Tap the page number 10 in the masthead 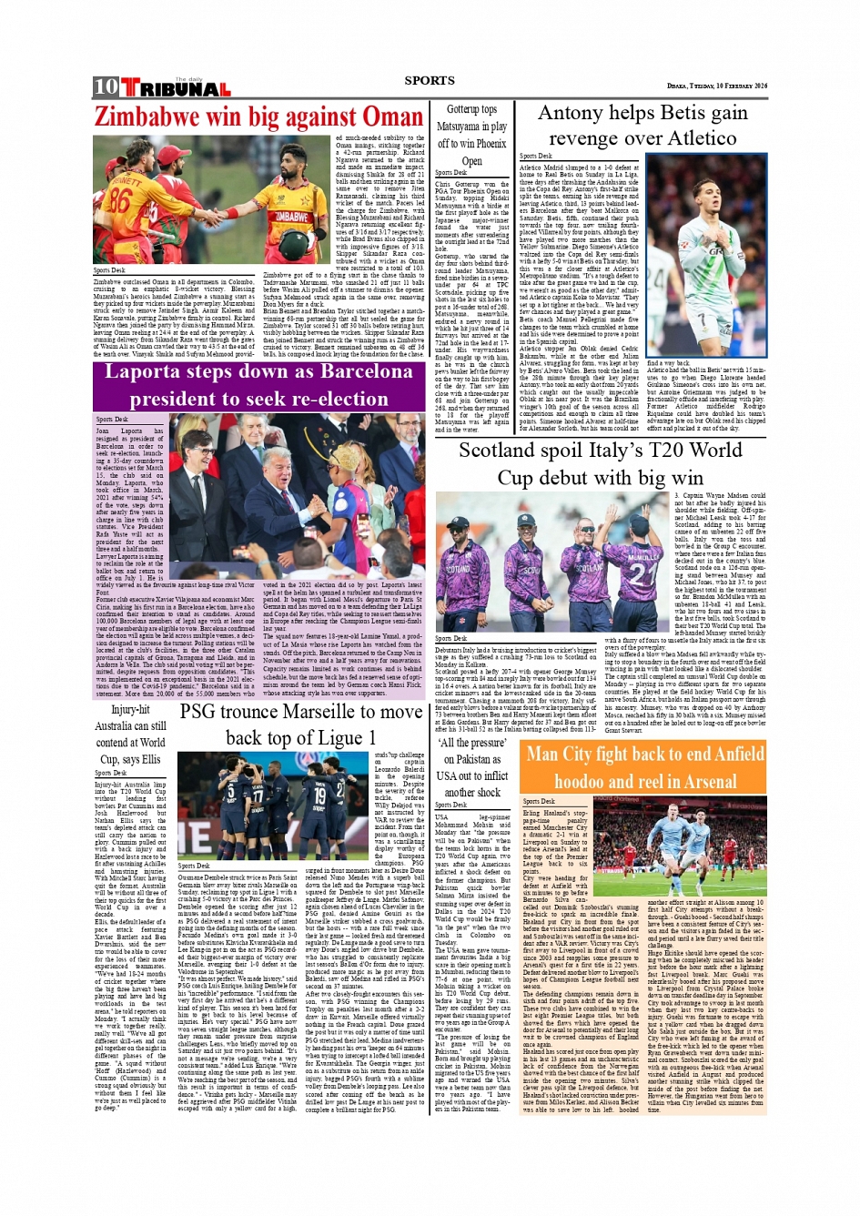click(106, 87)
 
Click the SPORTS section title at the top click(430, 81)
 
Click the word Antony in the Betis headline click(575, 114)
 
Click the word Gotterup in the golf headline click(471, 109)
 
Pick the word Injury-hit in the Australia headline click(130, 710)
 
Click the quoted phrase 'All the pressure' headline click(471, 743)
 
